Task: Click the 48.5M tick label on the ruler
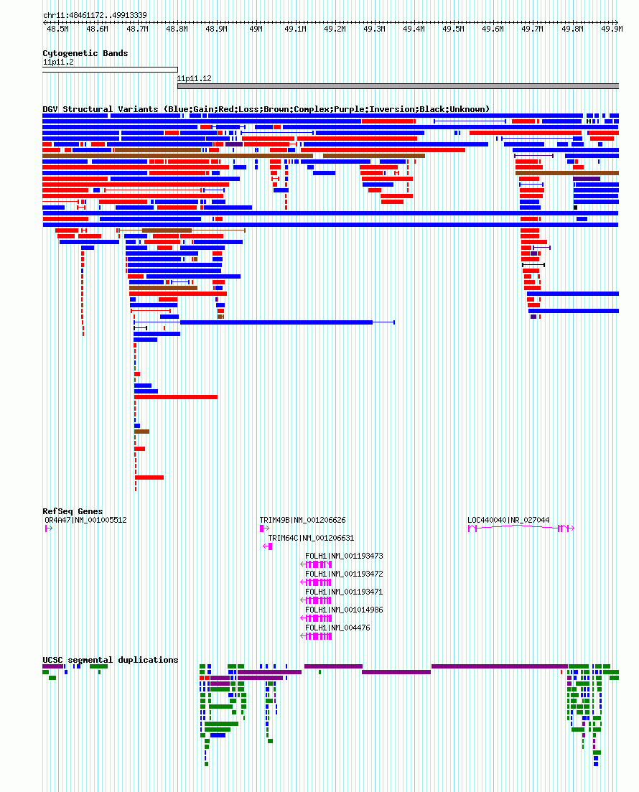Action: [x=57, y=29]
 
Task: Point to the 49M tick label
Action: [x=256, y=29]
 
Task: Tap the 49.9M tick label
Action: [x=612, y=29]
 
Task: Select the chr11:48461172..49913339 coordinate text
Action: [x=95, y=16]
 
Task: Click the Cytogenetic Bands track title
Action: [x=85, y=54]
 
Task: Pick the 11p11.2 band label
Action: [x=58, y=62]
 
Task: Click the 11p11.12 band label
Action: [x=194, y=79]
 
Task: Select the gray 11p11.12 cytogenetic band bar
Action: [x=398, y=86]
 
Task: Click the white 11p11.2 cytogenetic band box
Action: [x=110, y=70]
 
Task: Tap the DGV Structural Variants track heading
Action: [x=266, y=109]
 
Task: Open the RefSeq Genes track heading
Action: [x=73, y=511]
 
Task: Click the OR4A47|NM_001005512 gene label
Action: [x=85, y=521]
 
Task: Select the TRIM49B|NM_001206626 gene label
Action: [x=302, y=521]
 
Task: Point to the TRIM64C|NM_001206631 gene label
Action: [x=311, y=539]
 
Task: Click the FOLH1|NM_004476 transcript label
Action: [x=337, y=628]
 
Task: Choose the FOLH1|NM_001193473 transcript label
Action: [x=344, y=556]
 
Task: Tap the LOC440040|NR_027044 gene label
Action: [x=508, y=521]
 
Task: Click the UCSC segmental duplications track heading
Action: [x=110, y=660]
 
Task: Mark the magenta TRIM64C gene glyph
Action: [x=268, y=546]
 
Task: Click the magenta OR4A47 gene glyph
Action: [x=49, y=528]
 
